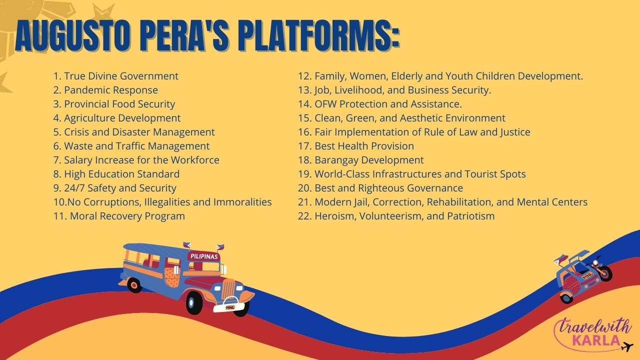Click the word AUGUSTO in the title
(73, 36)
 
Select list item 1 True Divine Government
(115, 76)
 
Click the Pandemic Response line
(105, 90)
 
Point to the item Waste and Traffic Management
(131, 146)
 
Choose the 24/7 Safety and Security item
(115, 188)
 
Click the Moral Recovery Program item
(119, 216)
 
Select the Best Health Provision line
(356, 146)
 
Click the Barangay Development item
(361, 160)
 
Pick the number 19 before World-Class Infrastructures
(304, 174)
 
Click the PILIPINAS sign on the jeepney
(204, 256)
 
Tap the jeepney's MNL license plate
(230, 307)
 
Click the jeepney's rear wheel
(134, 285)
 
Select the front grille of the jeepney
(228, 288)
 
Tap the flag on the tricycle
(561, 259)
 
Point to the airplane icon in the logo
(627, 347)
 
